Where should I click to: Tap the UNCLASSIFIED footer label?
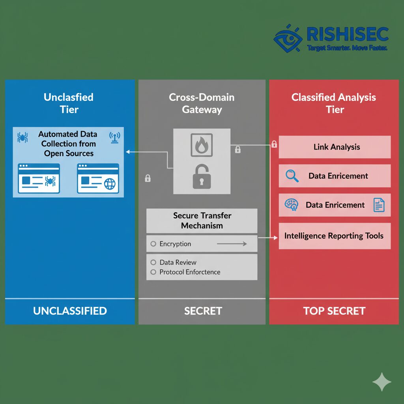(x=70, y=311)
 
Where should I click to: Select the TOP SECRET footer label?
(x=334, y=311)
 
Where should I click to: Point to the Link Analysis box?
(x=335, y=147)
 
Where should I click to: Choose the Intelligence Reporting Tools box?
(x=335, y=236)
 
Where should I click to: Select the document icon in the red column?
(x=379, y=205)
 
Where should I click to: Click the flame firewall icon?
(x=202, y=145)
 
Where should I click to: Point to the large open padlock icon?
(x=202, y=176)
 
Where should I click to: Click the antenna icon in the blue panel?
(x=114, y=137)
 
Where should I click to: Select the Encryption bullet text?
(x=175, y=244)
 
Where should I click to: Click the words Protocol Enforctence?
(x=190, y=272)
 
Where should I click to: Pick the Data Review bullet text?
(x=178, y=262)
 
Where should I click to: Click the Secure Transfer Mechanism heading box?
(x=202, y=221)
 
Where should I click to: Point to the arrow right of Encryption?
(x=232, y=244)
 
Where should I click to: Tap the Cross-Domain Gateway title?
(x=202, y=103)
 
